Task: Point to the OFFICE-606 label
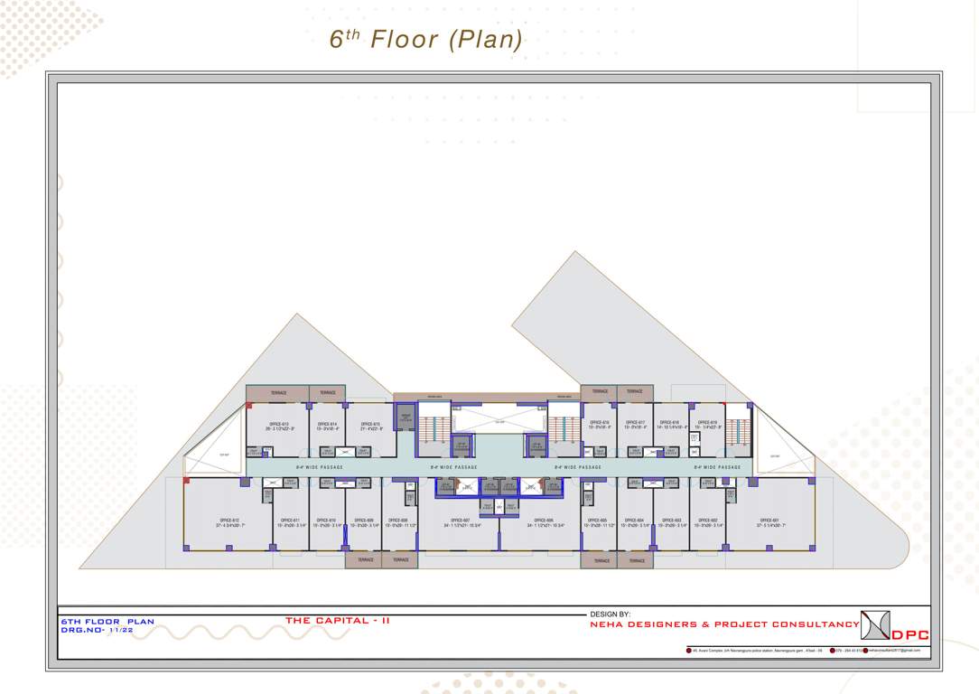[544, 520]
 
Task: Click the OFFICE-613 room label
[278, 424]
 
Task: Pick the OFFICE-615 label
[370, 424]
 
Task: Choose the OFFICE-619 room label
[708, 422]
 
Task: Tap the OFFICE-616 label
[600, 422]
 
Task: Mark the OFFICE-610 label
[326, 520]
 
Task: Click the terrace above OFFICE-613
[278, 393]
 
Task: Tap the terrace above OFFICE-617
[635, 392]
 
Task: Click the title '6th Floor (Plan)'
[426, 40]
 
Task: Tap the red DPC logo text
[910, 634]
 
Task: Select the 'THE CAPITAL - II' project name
[338, 621]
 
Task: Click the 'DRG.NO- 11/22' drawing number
[97, 630]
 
